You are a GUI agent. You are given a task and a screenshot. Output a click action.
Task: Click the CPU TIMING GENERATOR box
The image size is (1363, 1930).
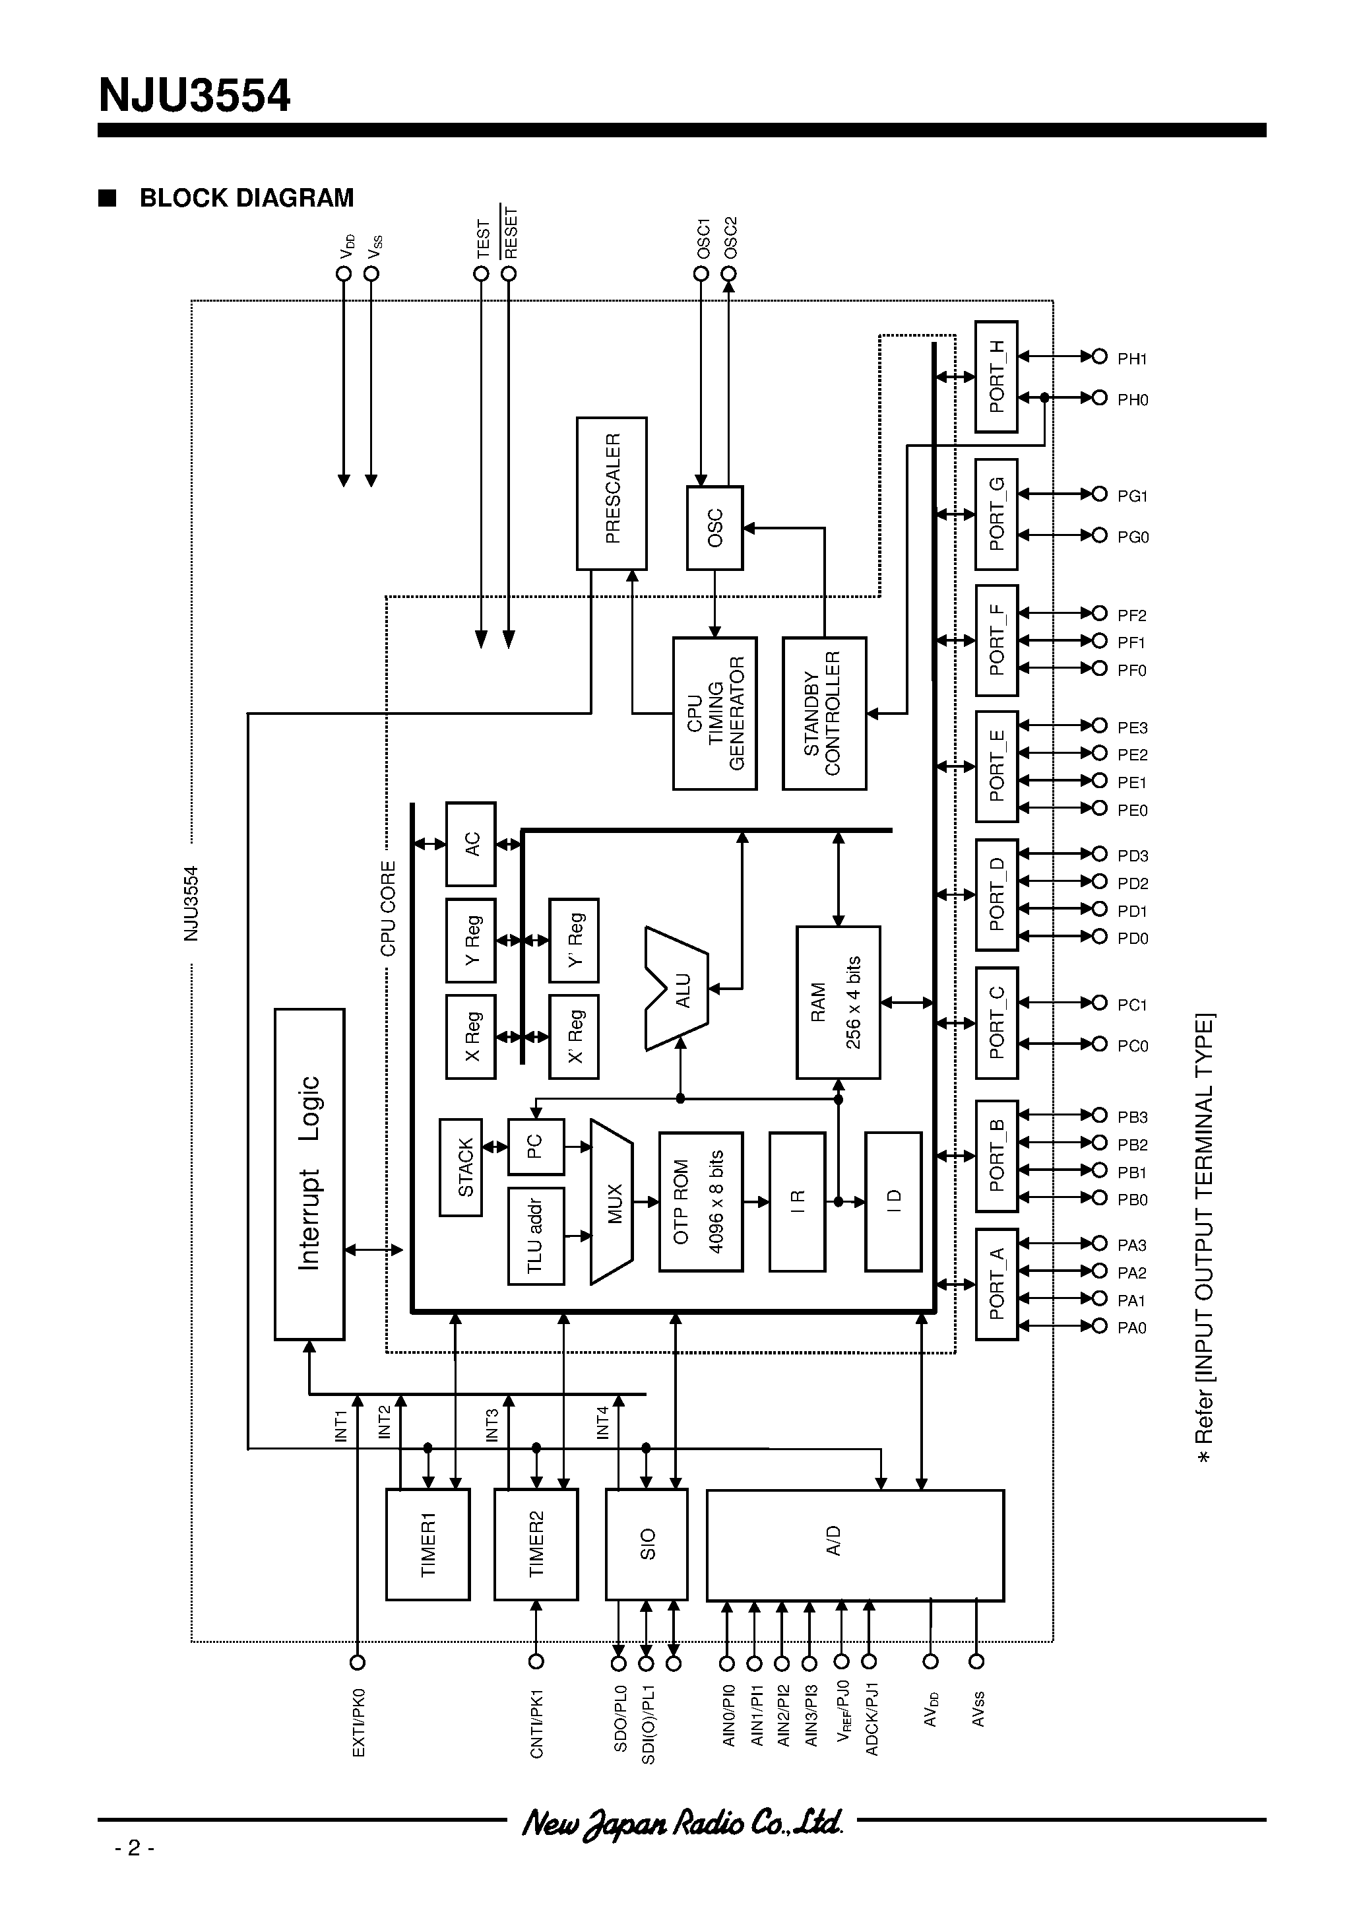tap(714, 713)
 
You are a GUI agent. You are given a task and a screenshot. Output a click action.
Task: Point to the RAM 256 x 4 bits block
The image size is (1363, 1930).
tap(838, 1002)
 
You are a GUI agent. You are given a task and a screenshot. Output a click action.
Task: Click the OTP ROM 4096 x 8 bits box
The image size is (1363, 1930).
tap(700, 1201)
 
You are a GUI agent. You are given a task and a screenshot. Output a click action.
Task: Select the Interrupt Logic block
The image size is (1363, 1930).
tap(309, 1174)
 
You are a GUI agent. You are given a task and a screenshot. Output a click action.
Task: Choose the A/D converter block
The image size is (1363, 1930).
tap(854, 1545)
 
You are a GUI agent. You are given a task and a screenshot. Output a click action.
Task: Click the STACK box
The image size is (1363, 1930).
tap(460, 1167)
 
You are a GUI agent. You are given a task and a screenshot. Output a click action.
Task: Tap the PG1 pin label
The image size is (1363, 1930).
tap(1132, 496)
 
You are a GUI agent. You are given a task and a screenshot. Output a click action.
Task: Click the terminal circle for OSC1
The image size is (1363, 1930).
tap(701, 273)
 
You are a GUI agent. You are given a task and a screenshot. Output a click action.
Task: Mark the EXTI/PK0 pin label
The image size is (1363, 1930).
tap(359, 1723)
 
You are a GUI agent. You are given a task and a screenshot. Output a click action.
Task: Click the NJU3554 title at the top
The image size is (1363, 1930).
tap(195, 96)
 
